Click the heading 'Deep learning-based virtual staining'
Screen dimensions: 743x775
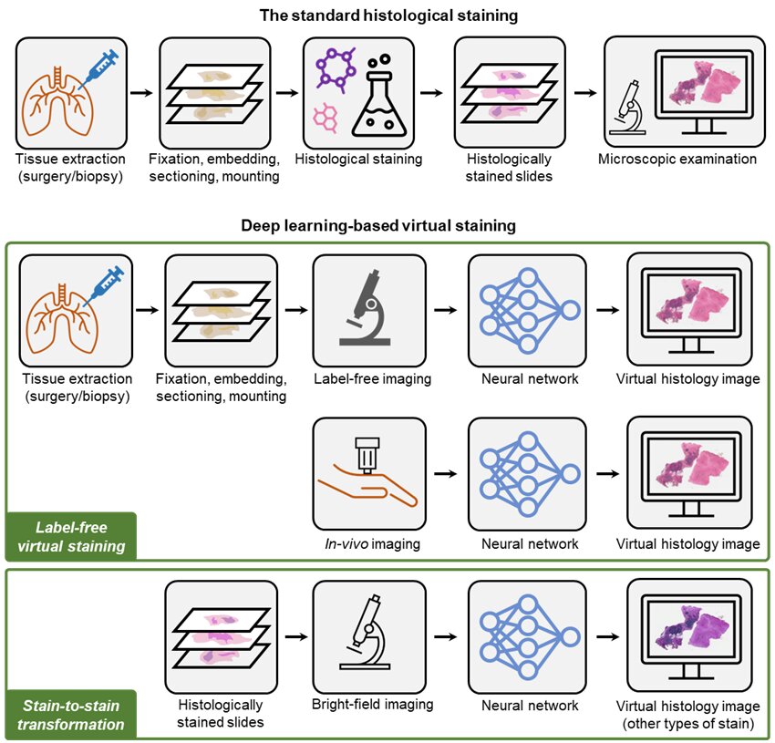tap(388, 226)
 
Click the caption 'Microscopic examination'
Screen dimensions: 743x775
tap(677, 159)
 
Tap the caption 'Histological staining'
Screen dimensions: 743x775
tap(358, 159)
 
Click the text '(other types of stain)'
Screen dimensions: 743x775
tap(687, 724)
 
